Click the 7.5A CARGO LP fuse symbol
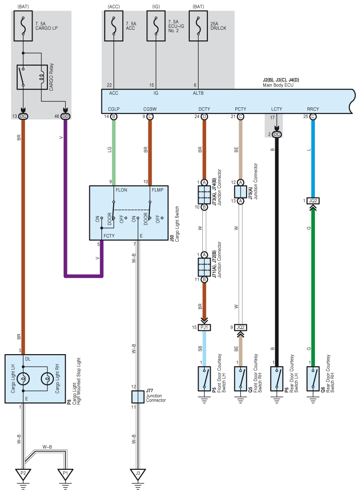coord(23,26)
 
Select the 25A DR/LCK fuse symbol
coord(198,26)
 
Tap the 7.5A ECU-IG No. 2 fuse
coord(156,26)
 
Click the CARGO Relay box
coord(32,77)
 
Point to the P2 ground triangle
coord(23,474)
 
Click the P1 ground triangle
coord(65,474)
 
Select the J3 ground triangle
coord(138,474)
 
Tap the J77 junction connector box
coord(138,397)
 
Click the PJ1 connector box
coord(204,327)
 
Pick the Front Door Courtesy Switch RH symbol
coord(240,379)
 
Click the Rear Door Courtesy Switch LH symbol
coord(277,379)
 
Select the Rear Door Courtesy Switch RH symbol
coord(313,379)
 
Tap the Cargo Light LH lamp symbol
coord(23,379)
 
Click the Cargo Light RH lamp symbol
coord(47,379)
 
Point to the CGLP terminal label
coord(114,109)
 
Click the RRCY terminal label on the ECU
coord(313,109)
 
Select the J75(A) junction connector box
coord(240,191)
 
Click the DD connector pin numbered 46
coord(65,117)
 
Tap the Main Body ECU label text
coord(278,85)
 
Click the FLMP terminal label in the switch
coord(158,190)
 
